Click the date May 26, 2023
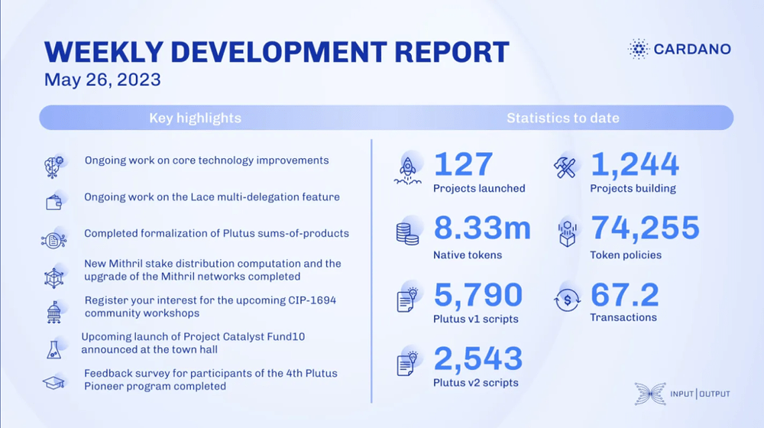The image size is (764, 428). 102,79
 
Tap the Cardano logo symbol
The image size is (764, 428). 638,49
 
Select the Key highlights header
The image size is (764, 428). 195,118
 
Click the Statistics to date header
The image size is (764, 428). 563,118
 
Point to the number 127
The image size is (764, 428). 463,164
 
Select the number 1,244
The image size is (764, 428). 634,165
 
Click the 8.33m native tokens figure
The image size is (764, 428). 482,228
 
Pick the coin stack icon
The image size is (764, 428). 407,234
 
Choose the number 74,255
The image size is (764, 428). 645,228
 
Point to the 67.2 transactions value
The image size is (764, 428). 624,295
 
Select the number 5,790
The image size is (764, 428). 478,295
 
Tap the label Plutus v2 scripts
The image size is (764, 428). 475,383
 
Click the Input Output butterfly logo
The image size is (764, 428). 650,394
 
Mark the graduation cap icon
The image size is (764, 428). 53,383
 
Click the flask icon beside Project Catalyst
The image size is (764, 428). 53,350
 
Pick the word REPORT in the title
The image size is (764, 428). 452,52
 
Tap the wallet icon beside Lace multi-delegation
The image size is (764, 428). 53,203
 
